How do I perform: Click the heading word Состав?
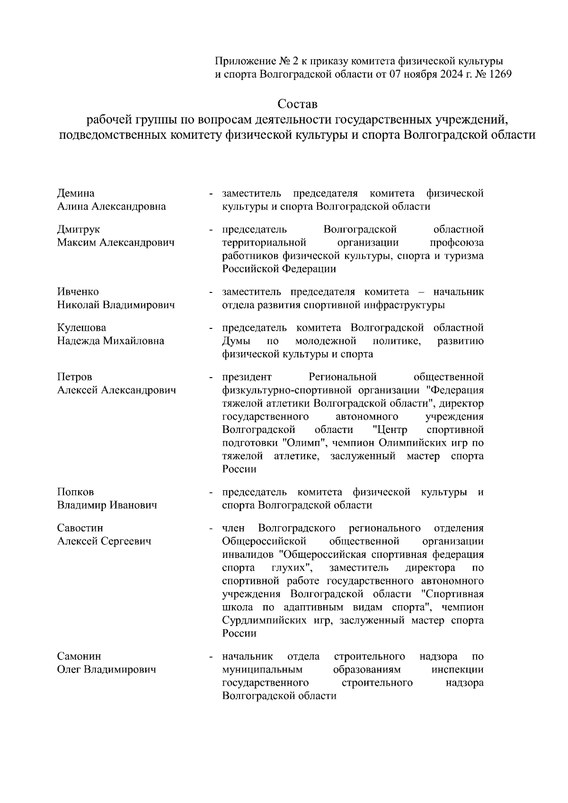[297, 103]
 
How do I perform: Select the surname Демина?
[76, 193]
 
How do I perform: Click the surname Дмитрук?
[79, 229]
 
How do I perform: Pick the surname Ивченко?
[78, 292]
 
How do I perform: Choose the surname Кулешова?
[82, 328]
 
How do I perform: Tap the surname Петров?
[74, 377]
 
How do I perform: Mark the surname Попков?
[76, 492]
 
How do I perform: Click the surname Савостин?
[80, 528]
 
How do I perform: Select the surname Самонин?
[80, 657]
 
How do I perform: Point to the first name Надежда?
[79, 341]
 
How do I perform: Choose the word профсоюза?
[456, 243]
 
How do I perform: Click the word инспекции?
[458, 670]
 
